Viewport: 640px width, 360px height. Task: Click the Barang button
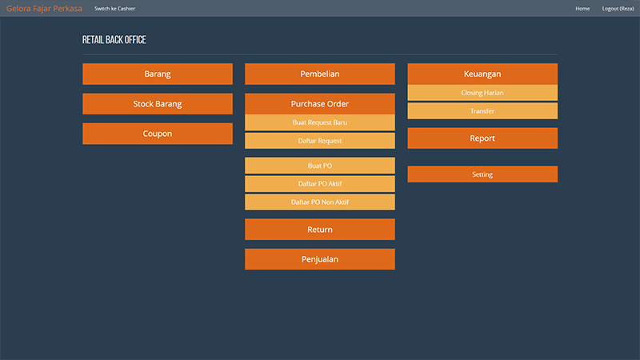(158, 74)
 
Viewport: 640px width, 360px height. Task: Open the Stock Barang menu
(158, 104)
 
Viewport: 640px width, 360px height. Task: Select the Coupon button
(158, 134)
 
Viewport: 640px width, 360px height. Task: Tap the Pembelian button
(320, 74)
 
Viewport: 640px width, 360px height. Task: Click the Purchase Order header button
(320, 104)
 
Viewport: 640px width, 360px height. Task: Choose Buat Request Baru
(320, 122)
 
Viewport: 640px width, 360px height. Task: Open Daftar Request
(320, 141)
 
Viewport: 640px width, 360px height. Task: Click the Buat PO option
(320, 166)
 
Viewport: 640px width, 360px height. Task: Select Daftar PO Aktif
(320, 184)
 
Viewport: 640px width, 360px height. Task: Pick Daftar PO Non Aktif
(320, 202)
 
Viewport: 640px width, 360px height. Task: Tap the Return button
(320, 230)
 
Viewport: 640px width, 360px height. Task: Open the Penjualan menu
(320, 259)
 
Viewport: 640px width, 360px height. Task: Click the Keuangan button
(482, 74)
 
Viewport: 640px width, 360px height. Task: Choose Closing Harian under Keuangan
(482, 93)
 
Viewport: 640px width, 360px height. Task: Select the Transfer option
(482, 111)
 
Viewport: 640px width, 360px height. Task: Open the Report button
(482, 138)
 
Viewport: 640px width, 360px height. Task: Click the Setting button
(482, 174)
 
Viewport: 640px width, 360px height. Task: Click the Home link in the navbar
(582, 9)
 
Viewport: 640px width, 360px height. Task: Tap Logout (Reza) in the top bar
(618, 9)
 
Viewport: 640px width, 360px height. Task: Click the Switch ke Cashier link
(114, 9)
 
